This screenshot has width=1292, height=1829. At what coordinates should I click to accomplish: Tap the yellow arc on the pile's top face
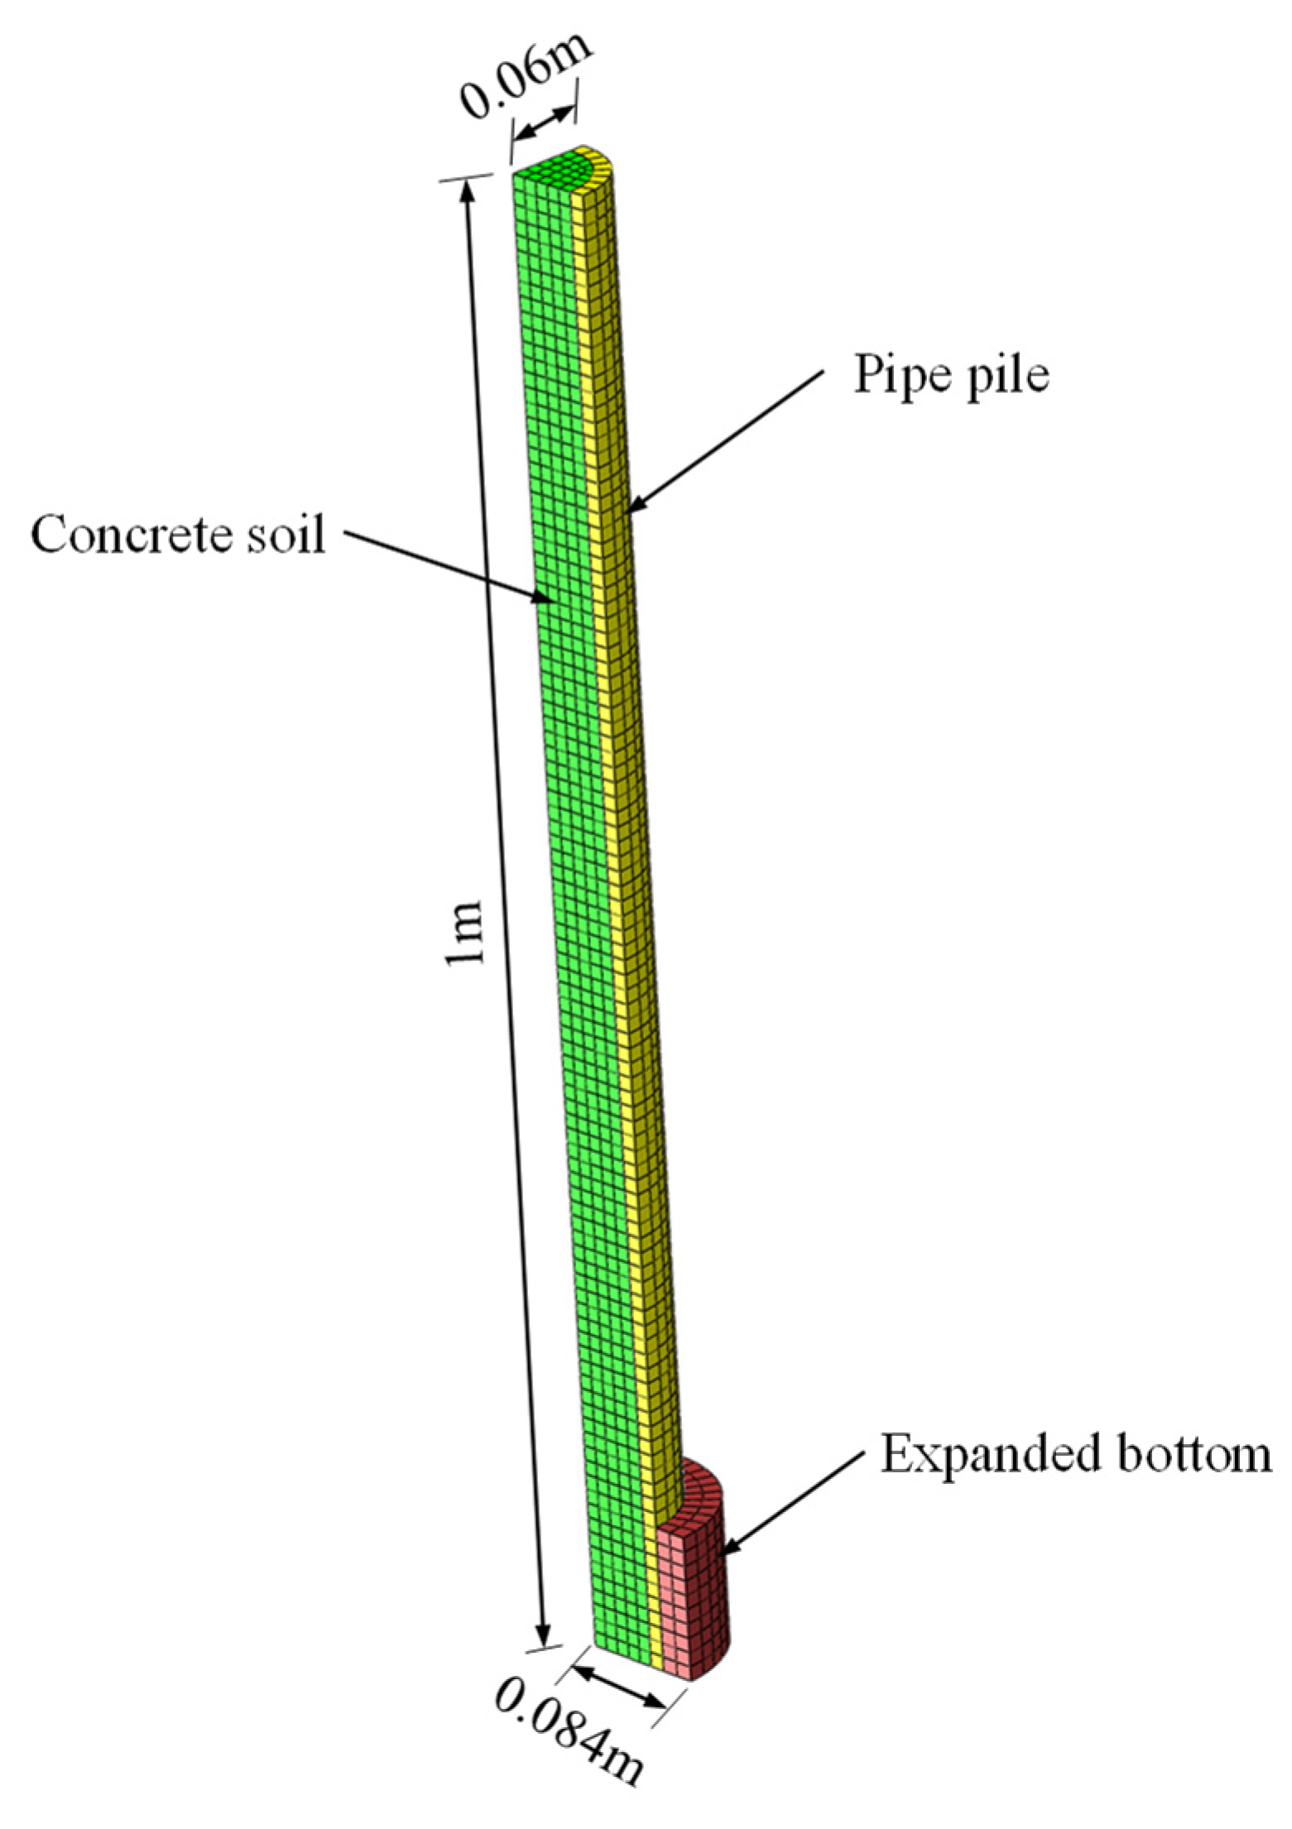600,166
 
